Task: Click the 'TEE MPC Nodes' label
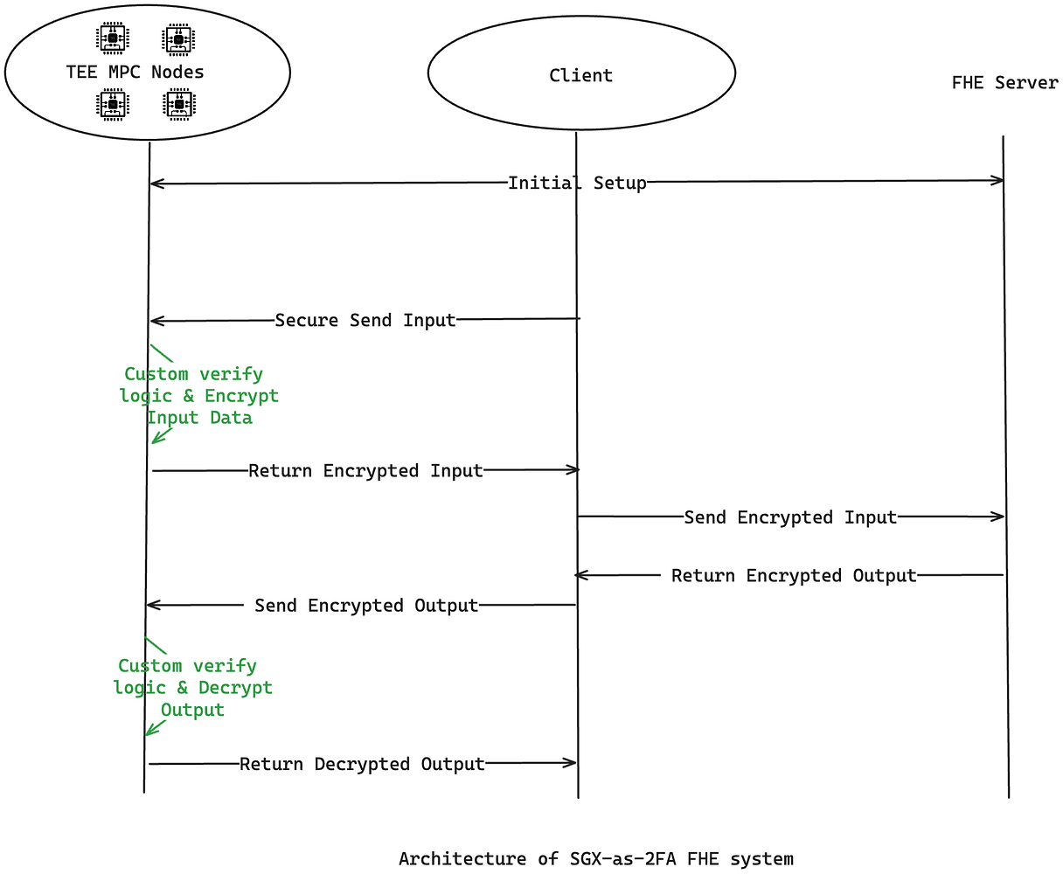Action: pos(135,72)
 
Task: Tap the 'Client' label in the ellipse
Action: pos(580,75)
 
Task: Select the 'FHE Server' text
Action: pos(1004,83)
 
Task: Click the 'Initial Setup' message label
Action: pos(577,183)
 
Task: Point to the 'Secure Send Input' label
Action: pos(365,320)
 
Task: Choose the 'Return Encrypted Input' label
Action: pos(365,471)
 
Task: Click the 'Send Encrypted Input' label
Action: pos(790,517)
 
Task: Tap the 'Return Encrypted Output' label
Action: pos(794,576)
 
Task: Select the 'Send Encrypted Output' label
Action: pos(366,606)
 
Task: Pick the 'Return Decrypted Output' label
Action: pos(362,764)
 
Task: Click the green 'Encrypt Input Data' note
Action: pos(199,396)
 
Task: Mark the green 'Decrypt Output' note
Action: pos(193,688)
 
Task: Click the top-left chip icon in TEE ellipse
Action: pos(112,38)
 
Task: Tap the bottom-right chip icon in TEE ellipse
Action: pos(179,105)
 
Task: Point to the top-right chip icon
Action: pos(179,38)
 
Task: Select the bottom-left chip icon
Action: pos(112,105)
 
